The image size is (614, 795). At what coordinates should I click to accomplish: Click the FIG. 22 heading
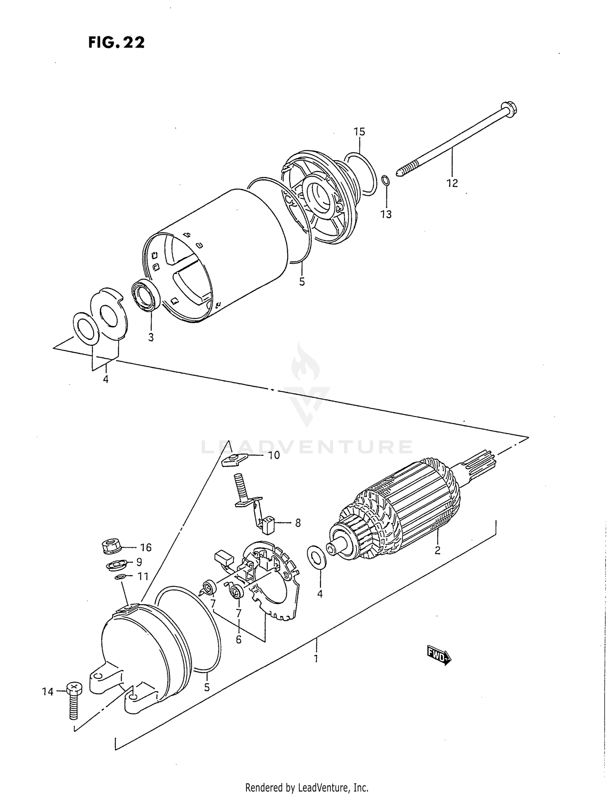tap(116, 43)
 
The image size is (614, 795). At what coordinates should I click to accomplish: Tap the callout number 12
tap(452, 183)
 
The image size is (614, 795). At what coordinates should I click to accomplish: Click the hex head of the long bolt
tap(508, 109)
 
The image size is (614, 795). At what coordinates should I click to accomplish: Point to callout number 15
tap(359, 131)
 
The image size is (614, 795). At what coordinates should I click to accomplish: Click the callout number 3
tap(151, 337)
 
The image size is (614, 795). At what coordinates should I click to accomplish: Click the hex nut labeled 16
tap(110, 546)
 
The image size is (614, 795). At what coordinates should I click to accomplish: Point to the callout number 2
tap(437, 550)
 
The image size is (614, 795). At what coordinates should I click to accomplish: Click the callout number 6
tap(239, 639)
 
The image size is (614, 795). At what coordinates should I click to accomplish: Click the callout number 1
tap(316, 659)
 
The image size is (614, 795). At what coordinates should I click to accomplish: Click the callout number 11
tap(142, 576)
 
